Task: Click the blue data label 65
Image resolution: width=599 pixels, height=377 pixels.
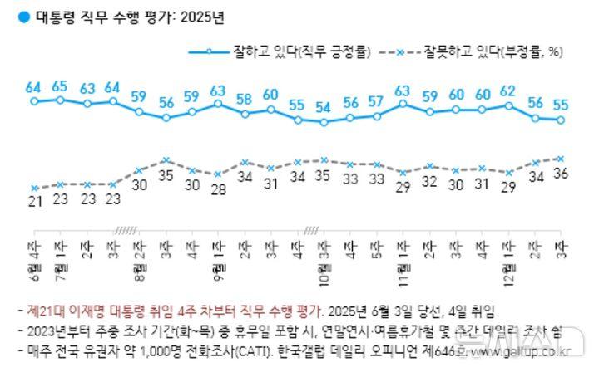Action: [60, 86]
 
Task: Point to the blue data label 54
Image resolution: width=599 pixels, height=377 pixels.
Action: [324, 108]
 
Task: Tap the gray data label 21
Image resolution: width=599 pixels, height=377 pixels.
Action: [34, 203]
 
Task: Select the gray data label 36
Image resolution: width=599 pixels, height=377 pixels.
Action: [562, 174]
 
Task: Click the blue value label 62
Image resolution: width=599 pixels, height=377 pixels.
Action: [509, 91]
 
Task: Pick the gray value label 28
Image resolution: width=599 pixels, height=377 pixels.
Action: [218, 188]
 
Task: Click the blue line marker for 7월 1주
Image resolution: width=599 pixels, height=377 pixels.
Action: [60, 100]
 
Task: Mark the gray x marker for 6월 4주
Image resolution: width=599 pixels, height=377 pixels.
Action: [34, 188]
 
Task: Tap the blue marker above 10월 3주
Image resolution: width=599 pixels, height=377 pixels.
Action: [324, 122]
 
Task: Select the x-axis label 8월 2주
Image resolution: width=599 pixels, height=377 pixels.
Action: [139, 255]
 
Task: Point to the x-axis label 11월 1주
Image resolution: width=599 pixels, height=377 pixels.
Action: [403, 255]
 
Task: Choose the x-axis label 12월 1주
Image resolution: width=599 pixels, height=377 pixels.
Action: [508, 255]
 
